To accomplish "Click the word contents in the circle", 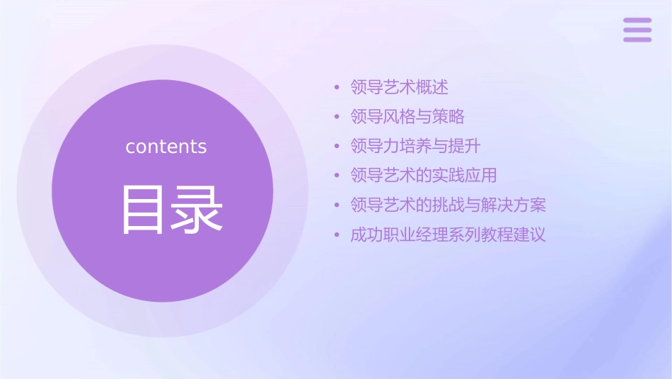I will [x=166, y=147].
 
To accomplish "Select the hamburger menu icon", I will [x=637, y=30].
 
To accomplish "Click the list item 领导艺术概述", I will [x=400, y=88].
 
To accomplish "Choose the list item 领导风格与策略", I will [x=407, y=117].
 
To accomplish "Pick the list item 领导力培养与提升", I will [x=416, y=147].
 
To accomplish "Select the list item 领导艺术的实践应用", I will [x=424, y=176].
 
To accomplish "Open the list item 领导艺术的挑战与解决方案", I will [x=448, y=205].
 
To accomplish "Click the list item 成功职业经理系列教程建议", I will [x=448, y=234].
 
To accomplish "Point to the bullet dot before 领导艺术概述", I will [x=337, y=88].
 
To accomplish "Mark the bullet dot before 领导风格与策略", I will [x=337, y=117].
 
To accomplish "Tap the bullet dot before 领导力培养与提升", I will [x=337, y=147].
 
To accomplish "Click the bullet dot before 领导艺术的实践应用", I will [x=337, y=176].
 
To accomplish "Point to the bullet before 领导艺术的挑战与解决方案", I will [x=337, y=205].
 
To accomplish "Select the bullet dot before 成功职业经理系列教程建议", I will [x=337, y=234].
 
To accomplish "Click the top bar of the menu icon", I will [x=637, y=21].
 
